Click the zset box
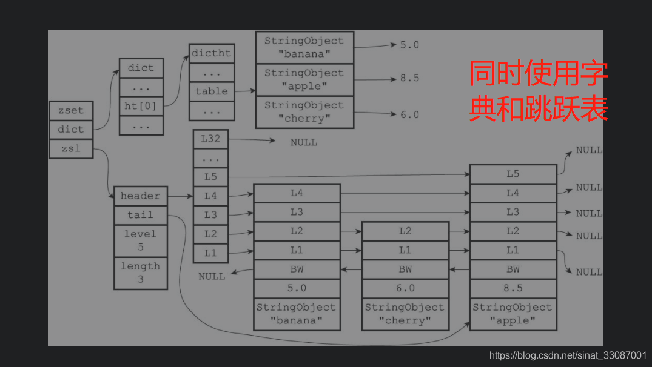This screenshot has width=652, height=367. (x=71, y=111)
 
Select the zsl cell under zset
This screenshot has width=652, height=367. (x=71, y=149)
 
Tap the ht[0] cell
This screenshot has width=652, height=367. (x=141, y=105)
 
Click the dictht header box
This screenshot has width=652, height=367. (x=211, y=53)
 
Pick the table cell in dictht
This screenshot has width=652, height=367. (x=211, y=91)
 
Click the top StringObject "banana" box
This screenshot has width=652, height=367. (x=304, y=47)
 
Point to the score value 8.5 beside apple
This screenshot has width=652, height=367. (x=409, y=78)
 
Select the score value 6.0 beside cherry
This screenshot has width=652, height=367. (x=409, y=114)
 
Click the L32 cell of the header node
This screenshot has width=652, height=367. (x=210, y=139)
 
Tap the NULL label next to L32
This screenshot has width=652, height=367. (x=303, y=142)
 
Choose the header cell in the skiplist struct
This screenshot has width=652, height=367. (x=140, y=196)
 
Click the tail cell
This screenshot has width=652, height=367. (x=140, y=215)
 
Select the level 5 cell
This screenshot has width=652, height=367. (x=140, y=240)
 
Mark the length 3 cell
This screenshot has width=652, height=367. (x=140, y=273)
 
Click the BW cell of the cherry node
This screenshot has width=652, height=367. (x=405, y=269)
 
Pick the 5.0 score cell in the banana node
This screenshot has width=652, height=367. (x=297, y=288)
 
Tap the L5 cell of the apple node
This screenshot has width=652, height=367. (x=513, y=174)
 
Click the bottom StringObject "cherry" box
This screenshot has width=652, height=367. (x=405, y=314)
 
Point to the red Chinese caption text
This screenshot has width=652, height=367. (x=539, y=91)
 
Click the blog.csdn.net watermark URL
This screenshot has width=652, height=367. (x=568, y=355)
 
